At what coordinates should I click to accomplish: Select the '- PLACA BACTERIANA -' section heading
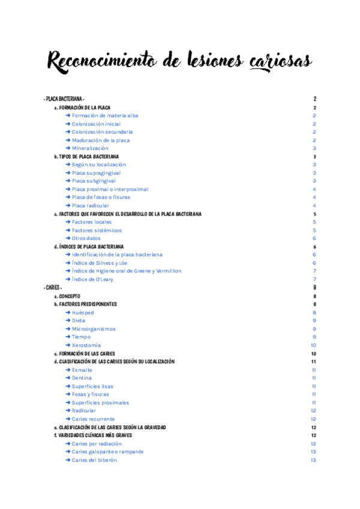click(x=64, y=99)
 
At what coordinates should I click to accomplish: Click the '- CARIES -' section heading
click(x=53, y=288)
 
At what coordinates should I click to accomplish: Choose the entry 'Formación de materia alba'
click(x=105, y=115)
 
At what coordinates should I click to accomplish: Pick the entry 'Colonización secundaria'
click(x=102, y=131)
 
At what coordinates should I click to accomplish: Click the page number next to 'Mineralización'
click(x=314, y=148)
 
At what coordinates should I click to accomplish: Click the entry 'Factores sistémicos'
click(x=97, y=230)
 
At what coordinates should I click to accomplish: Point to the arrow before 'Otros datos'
click(x=68, y=238)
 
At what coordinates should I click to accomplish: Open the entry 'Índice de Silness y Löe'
click(x=101, y=263)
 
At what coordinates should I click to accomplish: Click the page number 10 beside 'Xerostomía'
click(x=314, y=345)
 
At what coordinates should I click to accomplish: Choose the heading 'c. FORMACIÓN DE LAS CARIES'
click(x=85, y=354)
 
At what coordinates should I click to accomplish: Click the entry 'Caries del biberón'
click(x=94, y=460)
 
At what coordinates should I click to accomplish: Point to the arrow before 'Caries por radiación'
click(x=68, y=444)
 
